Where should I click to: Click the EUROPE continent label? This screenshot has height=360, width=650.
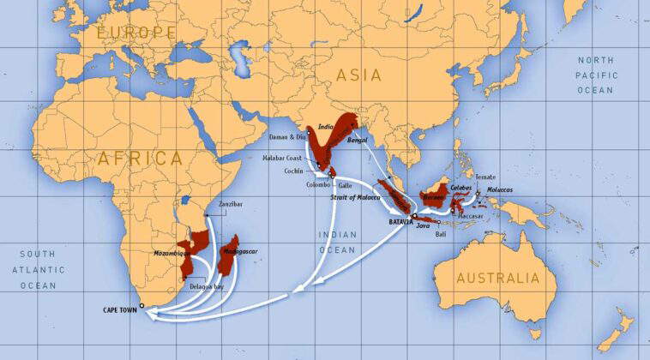tap(135, 33)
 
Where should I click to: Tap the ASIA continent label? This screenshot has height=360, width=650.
tap(358, 75)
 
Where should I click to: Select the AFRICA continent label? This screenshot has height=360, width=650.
tap(141, 159)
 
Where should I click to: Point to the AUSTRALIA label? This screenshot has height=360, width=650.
tap(498, 279)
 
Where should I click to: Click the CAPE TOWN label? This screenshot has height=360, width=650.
tap(119, 310)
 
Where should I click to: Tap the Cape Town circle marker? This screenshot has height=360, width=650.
tap(142, 304)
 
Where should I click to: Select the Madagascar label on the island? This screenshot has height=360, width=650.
tap(241, 252)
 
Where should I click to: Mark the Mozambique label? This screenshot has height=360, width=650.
tap(172, 255)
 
